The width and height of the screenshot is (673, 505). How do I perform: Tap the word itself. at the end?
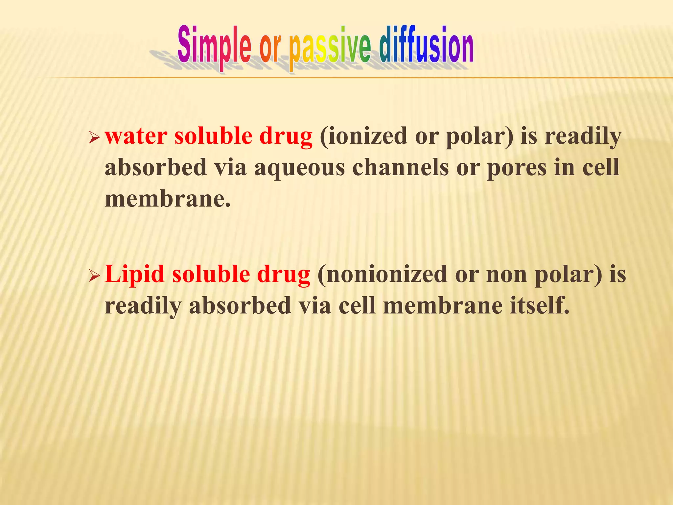(x=539, y=305)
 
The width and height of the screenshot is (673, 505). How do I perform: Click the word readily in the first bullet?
(x=583, y=136)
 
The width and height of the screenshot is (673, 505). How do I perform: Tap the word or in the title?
(x=270, y=49)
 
